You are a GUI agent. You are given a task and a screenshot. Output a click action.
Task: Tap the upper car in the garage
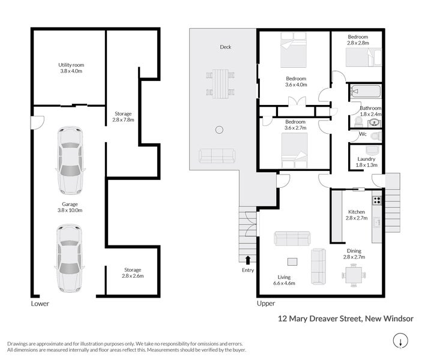coord(70,161)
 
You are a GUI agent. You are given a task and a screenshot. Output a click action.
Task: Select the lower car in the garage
coord(70,258)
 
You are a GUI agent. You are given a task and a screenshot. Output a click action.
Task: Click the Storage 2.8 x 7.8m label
coord(123,116)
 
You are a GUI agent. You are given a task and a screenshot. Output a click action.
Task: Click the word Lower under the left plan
coord(40,304)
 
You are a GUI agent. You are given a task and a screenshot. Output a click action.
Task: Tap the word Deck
coord(225,47)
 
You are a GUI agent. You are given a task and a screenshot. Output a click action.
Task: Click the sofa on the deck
coord(217,156)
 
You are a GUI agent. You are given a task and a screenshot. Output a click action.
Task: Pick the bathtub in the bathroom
coord(365,92)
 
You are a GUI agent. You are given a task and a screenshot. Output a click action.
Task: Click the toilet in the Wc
coord(375,136)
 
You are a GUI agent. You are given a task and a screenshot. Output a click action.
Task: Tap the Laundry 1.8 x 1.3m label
coord(366,162)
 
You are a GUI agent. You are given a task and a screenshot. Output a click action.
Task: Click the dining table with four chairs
coord(354,276)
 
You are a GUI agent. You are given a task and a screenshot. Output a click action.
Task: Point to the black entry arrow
coord(248,259)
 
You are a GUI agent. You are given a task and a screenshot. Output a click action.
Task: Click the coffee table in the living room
coord(292,262)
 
